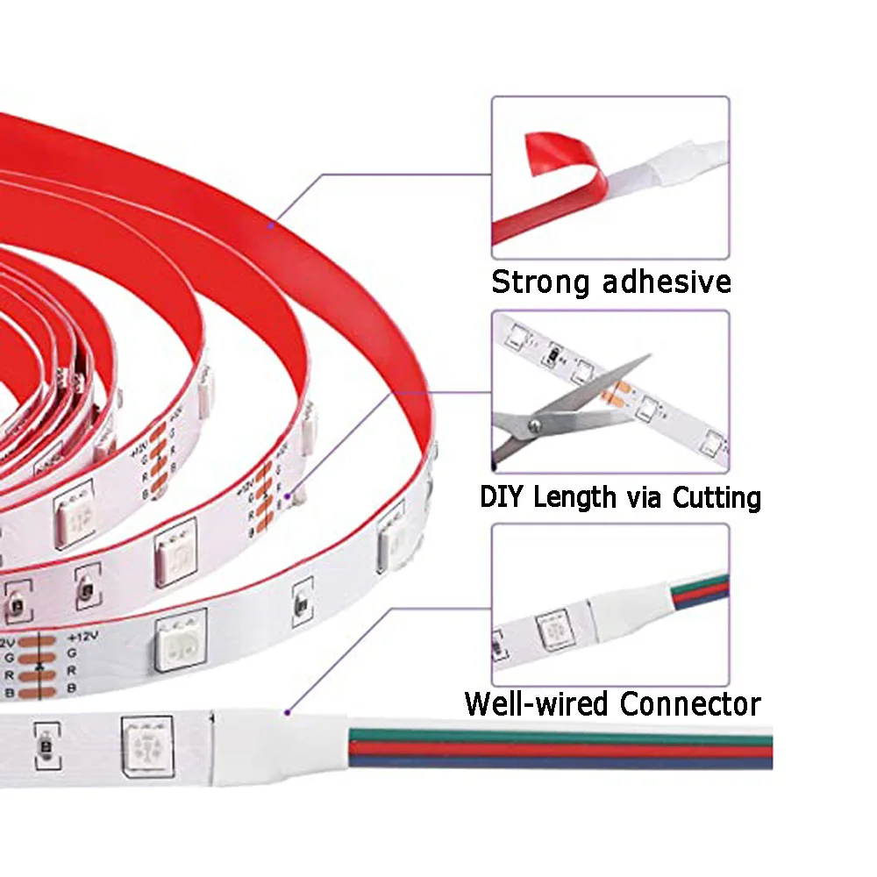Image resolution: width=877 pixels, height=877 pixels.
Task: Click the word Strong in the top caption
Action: coord(540,282)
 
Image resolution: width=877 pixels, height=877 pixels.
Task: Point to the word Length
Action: coord(574,497)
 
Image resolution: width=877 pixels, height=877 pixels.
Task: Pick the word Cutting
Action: coord(717,497)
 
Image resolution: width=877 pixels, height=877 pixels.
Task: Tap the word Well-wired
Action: coord(538,703)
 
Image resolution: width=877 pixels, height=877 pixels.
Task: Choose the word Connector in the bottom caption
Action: coord(690,703)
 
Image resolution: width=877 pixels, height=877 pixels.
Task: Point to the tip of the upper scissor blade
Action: coord(649,356)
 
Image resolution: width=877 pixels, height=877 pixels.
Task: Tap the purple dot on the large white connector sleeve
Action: coord(286,713)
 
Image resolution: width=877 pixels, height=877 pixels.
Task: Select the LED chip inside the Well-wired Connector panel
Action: coord(551,629)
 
